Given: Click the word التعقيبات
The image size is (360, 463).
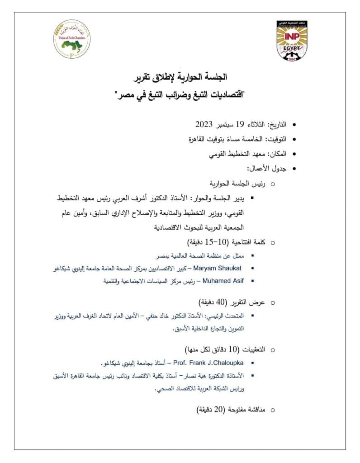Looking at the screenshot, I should coord(251,350).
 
